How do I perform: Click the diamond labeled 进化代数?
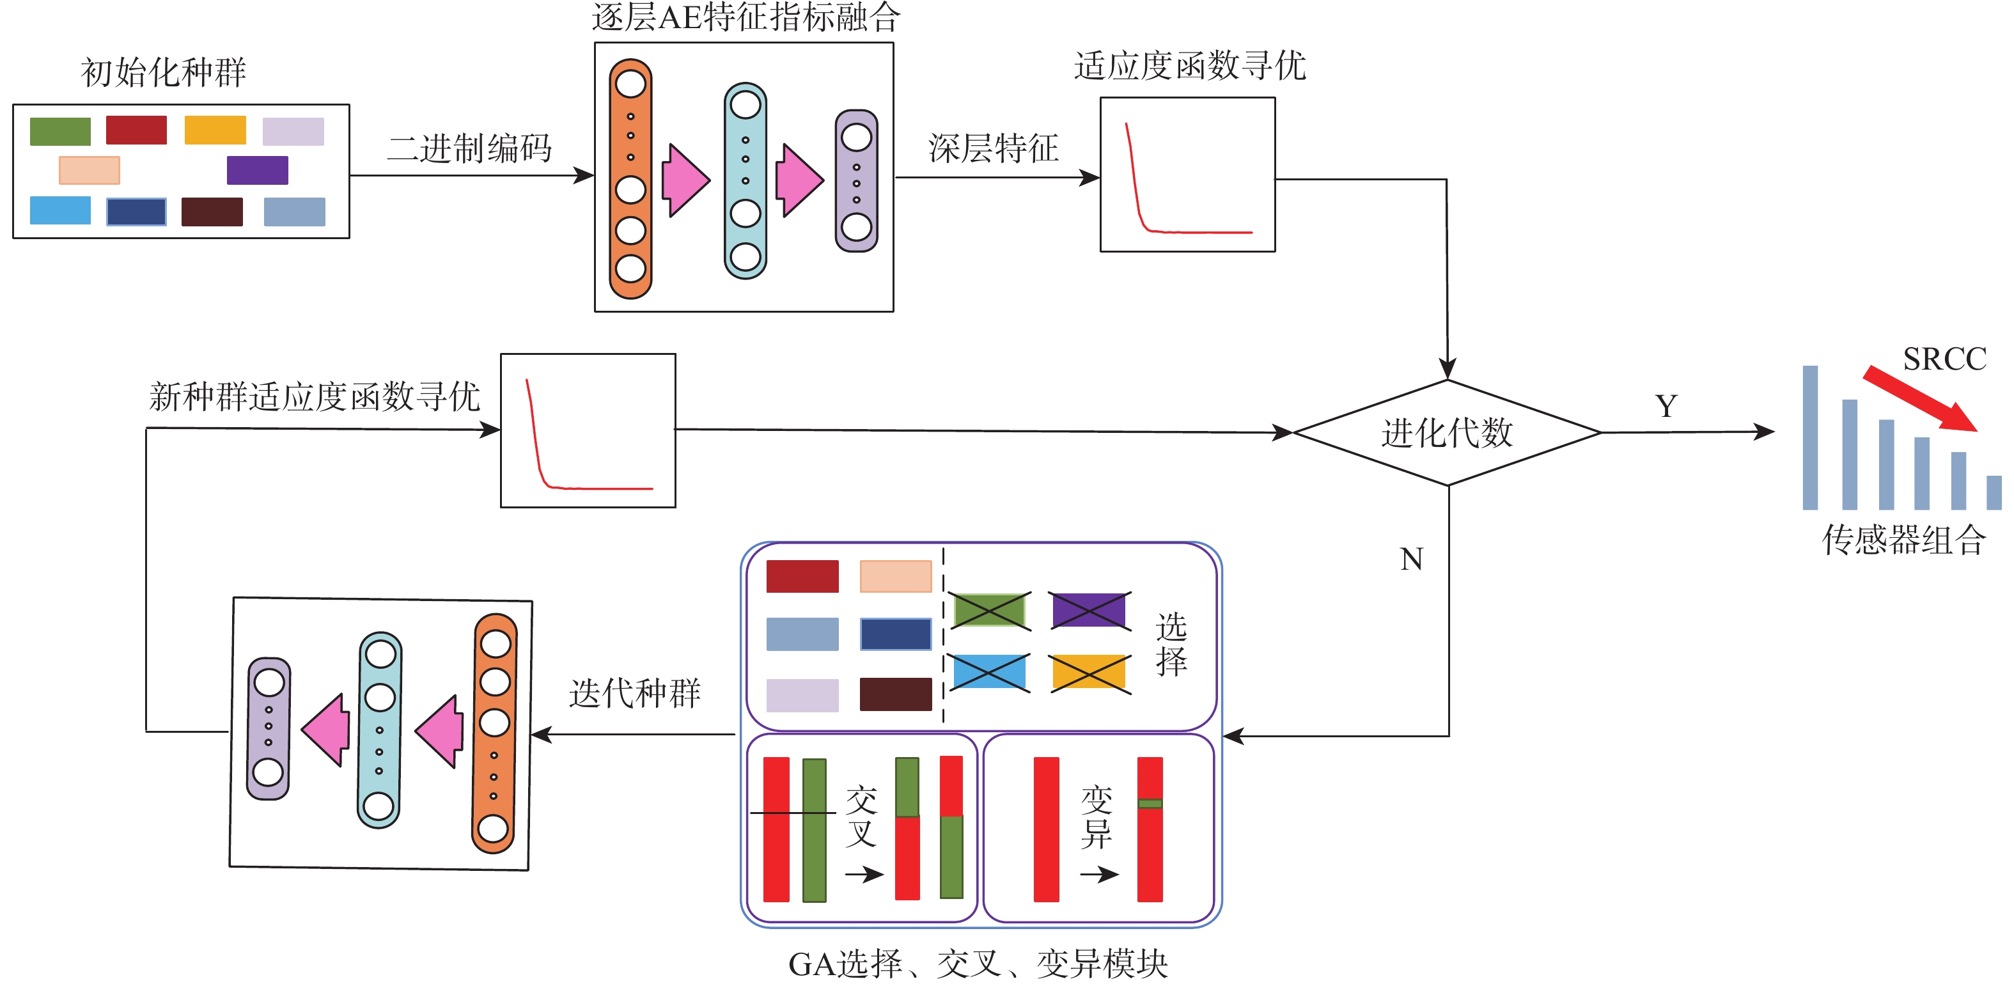[1447, 432]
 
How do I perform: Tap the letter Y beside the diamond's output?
[1666, 406]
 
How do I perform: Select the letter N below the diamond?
[1411, 559]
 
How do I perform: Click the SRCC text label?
[1944, 359]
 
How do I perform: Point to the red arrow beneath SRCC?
[1919, 399]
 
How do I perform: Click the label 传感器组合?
[1904, 540]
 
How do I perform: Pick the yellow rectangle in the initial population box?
[215, 130]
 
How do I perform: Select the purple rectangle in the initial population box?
[257, 169]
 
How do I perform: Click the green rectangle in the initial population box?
[60, 130]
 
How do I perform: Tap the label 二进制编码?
[469, 148]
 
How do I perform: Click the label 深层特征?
[993, 148]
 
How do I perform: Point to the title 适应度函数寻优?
[1189, 66]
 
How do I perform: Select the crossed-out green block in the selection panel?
[989, 610]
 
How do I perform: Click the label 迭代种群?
[634, 693]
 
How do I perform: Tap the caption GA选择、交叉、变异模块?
[978, 964]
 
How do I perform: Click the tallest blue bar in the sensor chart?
[1810, 438]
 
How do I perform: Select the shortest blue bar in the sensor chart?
[1994, 492]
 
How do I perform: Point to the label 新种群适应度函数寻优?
[315, 396]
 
